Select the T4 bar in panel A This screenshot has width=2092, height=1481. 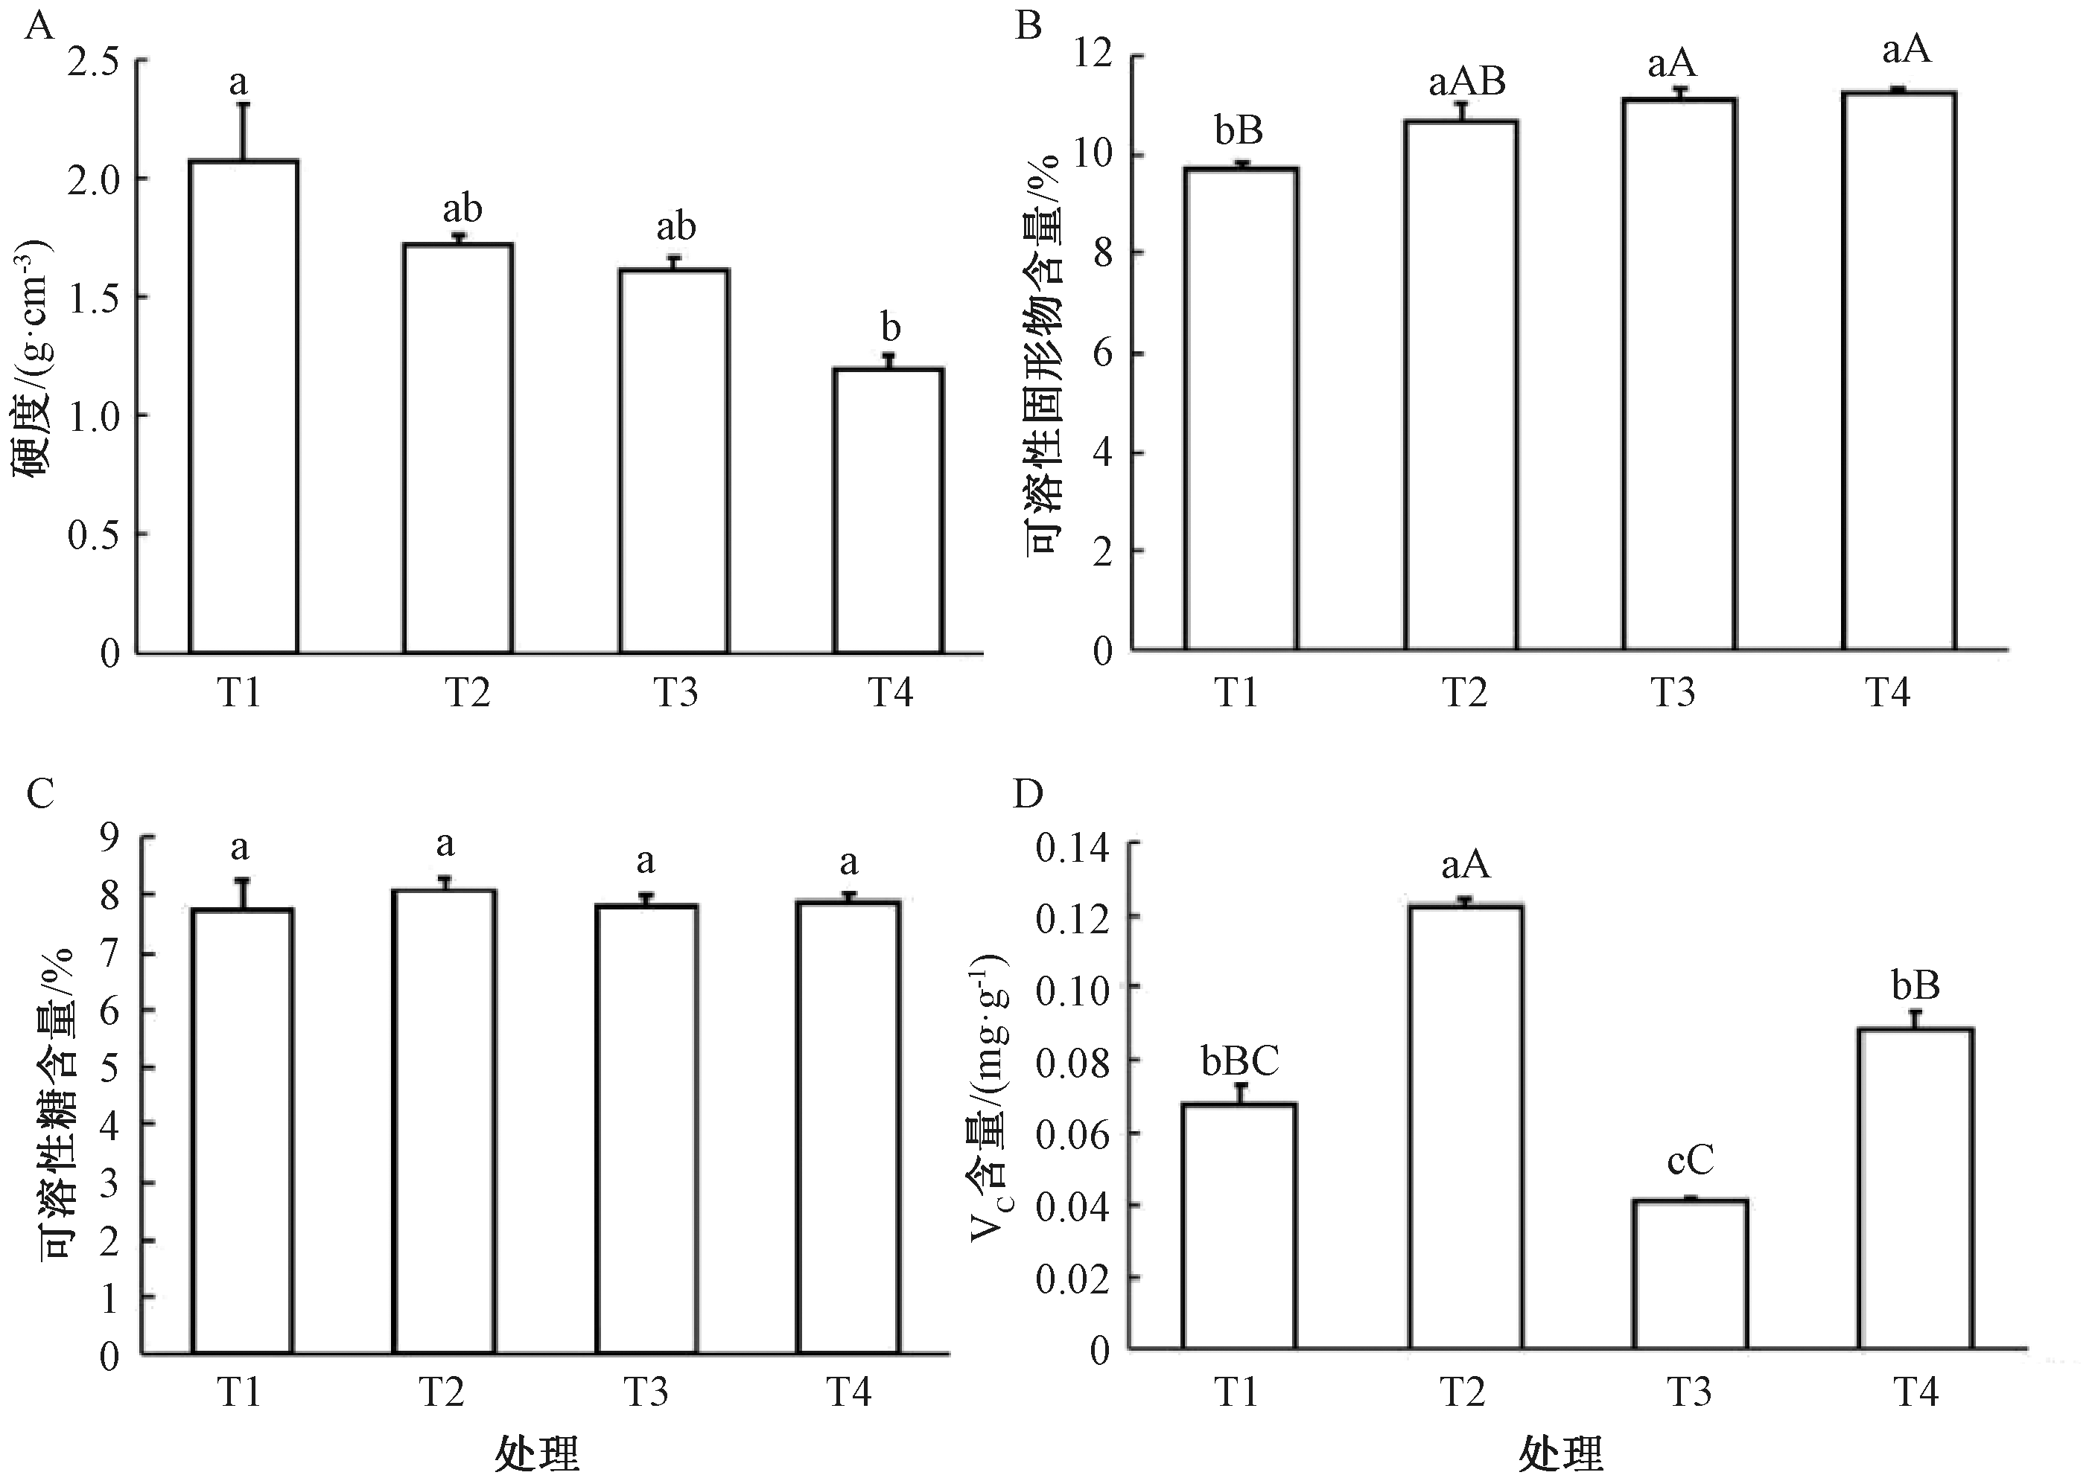coord(888,511)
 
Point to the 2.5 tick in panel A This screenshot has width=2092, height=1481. coord(94,62)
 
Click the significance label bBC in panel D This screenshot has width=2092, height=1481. coord(1240,1061)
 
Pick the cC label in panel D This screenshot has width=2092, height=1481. coord(1690,1160)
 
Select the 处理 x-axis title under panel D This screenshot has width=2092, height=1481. coord(1560,1453)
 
